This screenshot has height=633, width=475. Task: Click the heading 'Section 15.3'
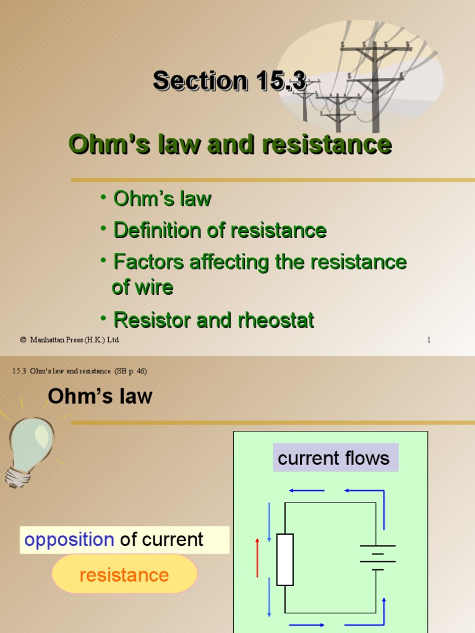(x=229, y=81)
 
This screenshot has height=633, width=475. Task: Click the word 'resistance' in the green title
(x=327, y=145)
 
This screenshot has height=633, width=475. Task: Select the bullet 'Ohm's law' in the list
(x=162, y=199)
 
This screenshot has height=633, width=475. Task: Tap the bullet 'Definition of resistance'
(x=220, y=231)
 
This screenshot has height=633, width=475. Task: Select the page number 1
(x=429, y=340)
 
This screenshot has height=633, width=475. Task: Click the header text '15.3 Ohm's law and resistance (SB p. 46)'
(x=80, y=371)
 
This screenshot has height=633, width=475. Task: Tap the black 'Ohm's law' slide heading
(x=100, y=396)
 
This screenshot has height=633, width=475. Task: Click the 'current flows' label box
(x=334, y=458)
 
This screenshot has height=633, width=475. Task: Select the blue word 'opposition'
(x=69, y=540)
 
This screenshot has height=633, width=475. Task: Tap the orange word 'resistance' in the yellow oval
(x=124, y=575)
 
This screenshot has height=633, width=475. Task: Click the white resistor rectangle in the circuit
(x=285, y=559)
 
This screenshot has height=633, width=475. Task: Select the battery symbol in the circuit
(x=377, y=556)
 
